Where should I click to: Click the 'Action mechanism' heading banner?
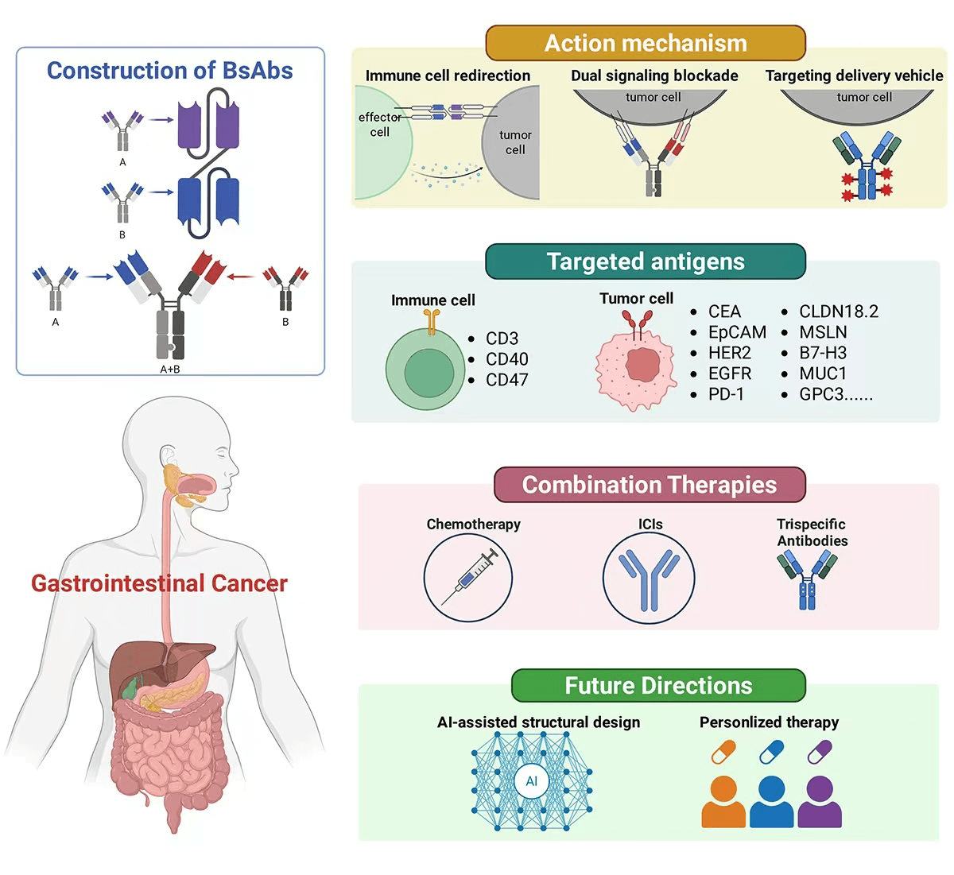pos(645,43)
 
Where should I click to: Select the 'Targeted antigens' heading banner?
pos(645,261)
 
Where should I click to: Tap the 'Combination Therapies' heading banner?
pos(649,485)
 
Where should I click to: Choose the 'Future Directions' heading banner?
pos(657,686)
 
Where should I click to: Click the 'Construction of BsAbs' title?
pos(169,71)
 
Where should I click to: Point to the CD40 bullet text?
pos(506,359)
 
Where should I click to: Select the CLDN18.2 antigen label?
pos(838,312)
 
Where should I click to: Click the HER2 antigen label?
pos(729,353)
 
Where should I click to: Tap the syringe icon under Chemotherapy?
pos(469,577)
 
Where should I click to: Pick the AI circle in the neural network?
pos(531,781)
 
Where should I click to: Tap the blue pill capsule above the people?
pos(771,751)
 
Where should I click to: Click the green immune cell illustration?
pos(425,370)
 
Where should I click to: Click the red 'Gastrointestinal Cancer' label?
pos(159,583)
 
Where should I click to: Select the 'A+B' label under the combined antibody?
pos(170,369)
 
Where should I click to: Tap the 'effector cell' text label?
pos(379,125)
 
